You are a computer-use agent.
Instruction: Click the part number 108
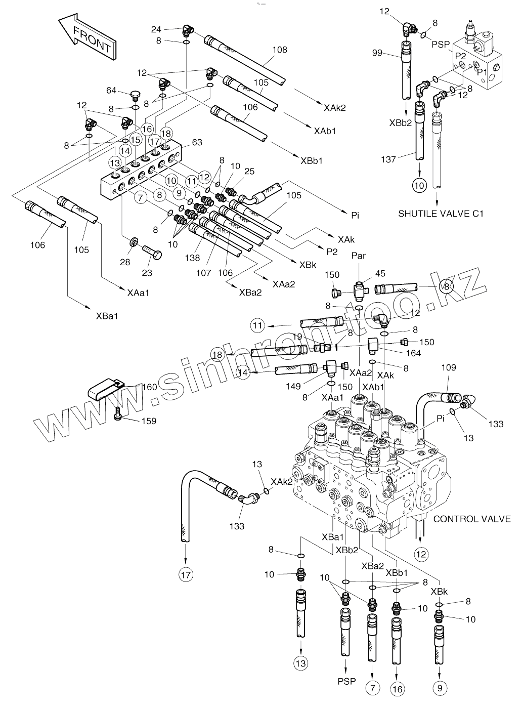[x=279, y=50]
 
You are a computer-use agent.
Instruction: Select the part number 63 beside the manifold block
[x=196, y=143]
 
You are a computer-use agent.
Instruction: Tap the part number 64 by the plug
[x=111, y=91]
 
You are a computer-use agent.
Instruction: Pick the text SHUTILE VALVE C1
[x=441, y=214]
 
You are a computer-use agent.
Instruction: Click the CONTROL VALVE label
[x=472, y=519]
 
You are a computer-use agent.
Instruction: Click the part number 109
[x=449, y=367]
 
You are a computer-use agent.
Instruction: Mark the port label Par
[x=358, y=256]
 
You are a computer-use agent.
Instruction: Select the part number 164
[x=413, y=353]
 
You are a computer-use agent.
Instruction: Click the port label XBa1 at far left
[x=107, y=316]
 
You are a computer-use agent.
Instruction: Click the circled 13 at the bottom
[x=301, y=662]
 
